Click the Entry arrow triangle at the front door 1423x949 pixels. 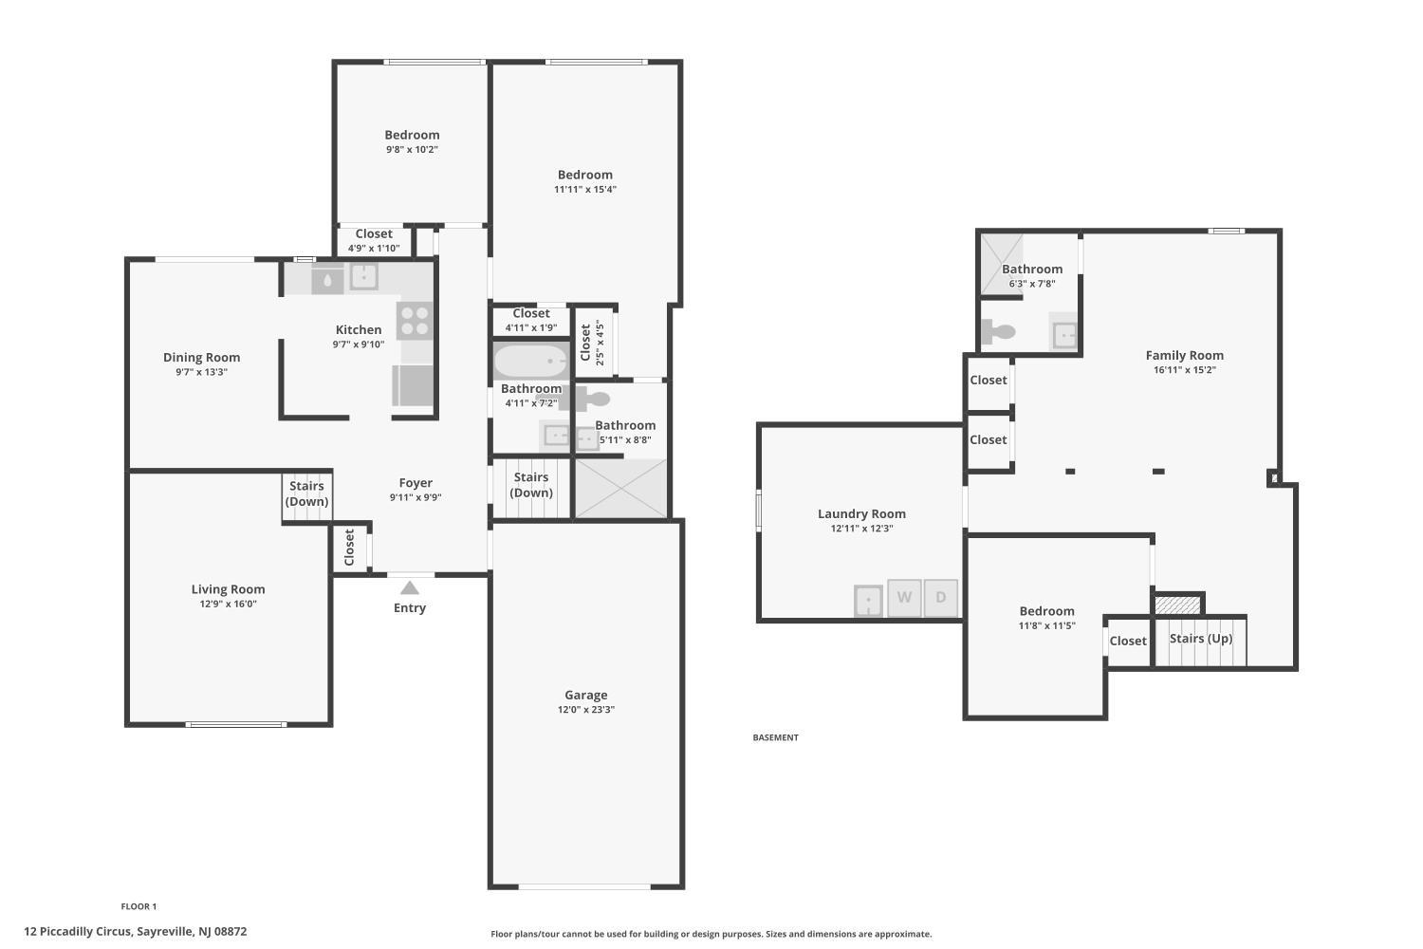point(410,588)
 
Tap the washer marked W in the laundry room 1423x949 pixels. point(904,598)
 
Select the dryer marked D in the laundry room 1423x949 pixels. point(941,598)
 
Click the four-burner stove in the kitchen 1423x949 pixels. point(415,321)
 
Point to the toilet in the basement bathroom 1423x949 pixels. point(999,331)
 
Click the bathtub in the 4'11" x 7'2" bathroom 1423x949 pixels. point(530,361)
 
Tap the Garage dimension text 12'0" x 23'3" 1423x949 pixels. point(585,709)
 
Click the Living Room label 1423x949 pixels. point(228,589)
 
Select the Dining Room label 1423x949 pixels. point(201,357)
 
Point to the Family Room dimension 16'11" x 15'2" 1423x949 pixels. point(1184,370)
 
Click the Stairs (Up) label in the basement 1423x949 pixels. point(1201,638)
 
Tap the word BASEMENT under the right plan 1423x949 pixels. point(776,737)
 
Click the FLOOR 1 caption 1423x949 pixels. point(139,906)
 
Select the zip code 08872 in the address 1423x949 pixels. point(231,931)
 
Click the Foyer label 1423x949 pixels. point(416,483)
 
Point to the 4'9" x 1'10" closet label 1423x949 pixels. point(374,249)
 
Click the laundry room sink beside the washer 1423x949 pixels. point(868,601)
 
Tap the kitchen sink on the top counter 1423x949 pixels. point(363,276)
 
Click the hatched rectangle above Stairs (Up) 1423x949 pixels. point(1177,605)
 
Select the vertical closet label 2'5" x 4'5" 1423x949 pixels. point(600,343)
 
